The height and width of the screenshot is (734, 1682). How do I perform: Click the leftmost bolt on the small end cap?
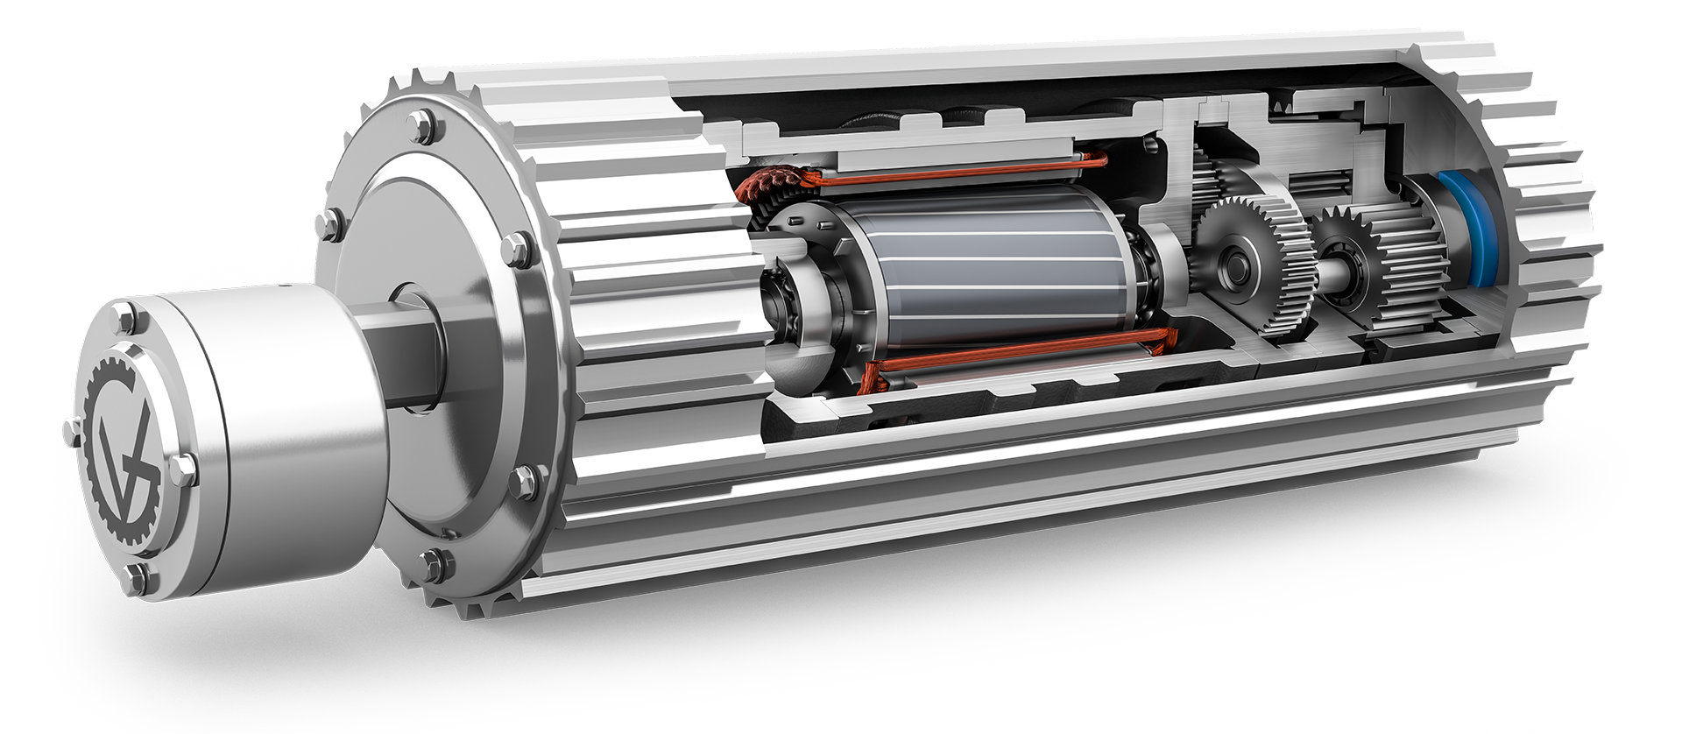pyautogui.click(x=72, y=430)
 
